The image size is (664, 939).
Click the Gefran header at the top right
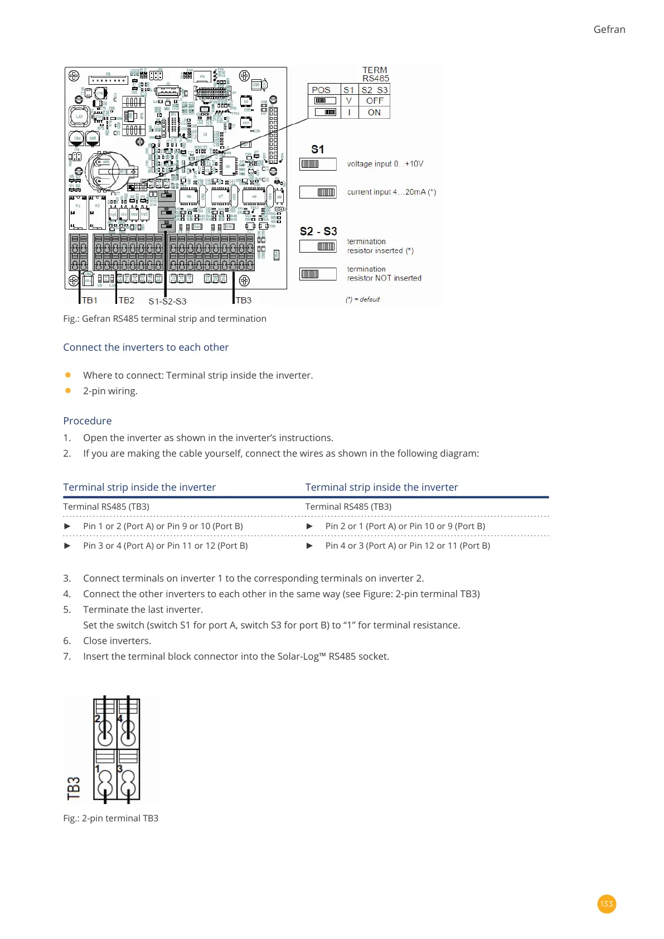click(609, 30)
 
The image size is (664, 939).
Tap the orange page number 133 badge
click(607, 904)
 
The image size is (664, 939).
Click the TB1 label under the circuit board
click(90, 301)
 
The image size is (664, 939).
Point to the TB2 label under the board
click(127, 301)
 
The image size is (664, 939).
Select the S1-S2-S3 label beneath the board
click(167, 301)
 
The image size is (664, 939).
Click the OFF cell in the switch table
click(375, 101)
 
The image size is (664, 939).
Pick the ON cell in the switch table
click(374, 113)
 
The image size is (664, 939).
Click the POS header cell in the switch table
click(321, 90)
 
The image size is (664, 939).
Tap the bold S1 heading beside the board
click(317, 149)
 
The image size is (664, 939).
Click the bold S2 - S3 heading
click(318, 231)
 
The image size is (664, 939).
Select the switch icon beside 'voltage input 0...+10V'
click(318, 164)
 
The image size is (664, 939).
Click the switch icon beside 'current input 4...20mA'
click(318, 192)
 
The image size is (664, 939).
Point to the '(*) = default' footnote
click(362, 299)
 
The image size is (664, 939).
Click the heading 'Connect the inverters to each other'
click(146, 347)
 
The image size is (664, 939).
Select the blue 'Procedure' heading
click(88, 421)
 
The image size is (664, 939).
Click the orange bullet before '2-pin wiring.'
click(68, 391)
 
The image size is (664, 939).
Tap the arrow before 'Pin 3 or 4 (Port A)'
click(67, 546)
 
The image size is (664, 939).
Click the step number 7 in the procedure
click(67, 656)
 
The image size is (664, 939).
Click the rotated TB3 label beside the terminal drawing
click(74, 788)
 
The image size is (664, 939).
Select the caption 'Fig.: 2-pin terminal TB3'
click(111, 818)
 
